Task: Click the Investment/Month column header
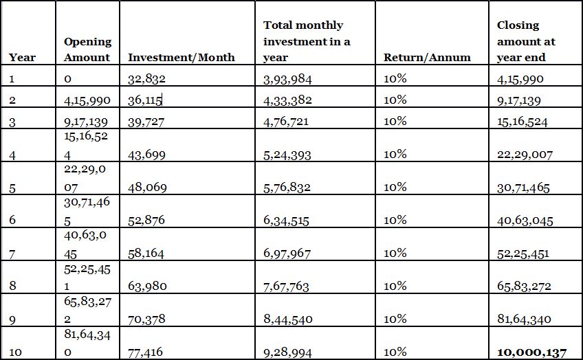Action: (x=181, y=58)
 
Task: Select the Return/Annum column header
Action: (x=427, y=58)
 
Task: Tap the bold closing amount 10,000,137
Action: (x=531, y=352)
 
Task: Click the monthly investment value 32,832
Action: (x=146, y=79)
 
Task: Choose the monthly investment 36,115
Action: (x=145, y=100)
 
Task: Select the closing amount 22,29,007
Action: (x=525, y=155)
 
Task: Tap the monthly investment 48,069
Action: (x=147, y=188)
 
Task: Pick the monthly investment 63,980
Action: (x=147, y=286)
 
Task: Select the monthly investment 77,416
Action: (x=146, y=352)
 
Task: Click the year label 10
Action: (x=16, y=352)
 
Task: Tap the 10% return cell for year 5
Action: (x=395, y=187)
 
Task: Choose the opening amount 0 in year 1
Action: (x=67, y=79)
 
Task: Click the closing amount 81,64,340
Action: (x=525, y=319)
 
